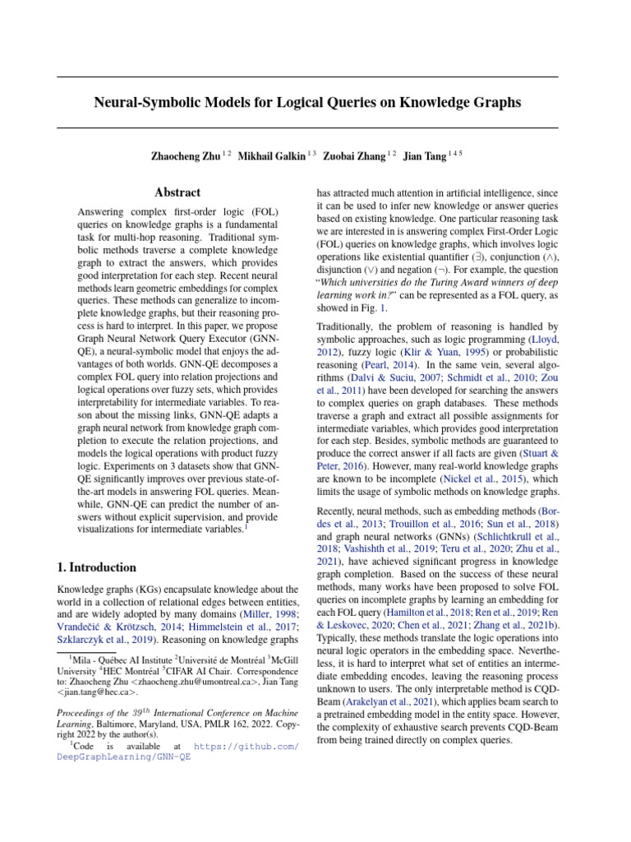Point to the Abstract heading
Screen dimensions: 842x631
[x=177, y=192]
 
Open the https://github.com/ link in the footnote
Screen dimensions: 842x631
[x=246, y=745]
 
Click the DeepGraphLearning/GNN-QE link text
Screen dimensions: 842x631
[x=123, y=756]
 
